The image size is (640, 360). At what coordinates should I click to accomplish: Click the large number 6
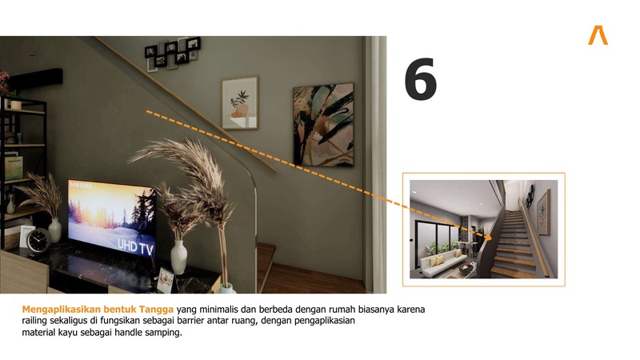tap(421, 79)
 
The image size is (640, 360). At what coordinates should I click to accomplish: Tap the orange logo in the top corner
tap(598, 35)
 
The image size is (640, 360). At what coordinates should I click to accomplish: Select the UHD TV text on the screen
tap(135, 246)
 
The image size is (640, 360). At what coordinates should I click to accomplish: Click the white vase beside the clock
tap(55, 230)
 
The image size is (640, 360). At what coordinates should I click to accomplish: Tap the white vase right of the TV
tap(178, 257)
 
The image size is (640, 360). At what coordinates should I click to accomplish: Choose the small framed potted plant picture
tap(240, 102)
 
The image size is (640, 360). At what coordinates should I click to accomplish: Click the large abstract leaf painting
tap(323, 125)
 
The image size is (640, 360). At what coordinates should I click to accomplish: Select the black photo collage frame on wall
tap(173, 54)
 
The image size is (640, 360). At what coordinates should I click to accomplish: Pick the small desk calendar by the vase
tap(166, 279)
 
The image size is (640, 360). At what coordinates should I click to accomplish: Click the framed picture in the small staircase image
tap(543, 212)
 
